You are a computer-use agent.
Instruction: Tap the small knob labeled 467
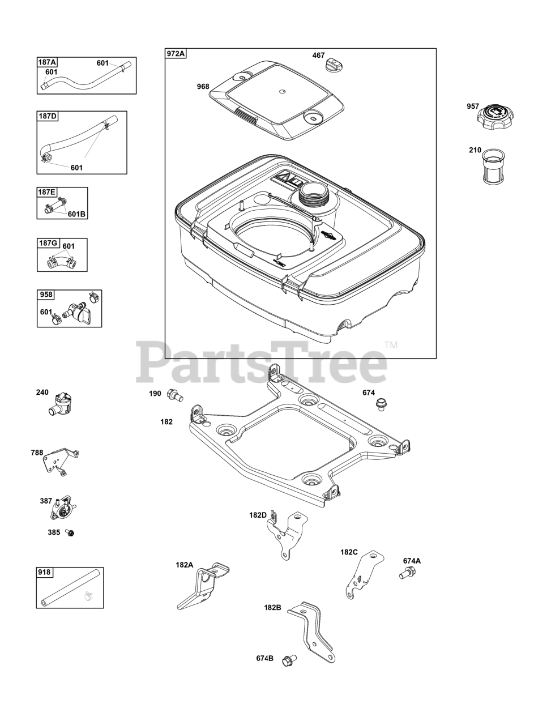click(x=334, y=65)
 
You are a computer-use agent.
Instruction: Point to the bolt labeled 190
click(x=174, y=395)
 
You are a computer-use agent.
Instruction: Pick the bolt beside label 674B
click(x=289, y=659)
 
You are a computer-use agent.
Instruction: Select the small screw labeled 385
click(x=70, y=533)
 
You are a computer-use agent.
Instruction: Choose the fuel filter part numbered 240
click(x=61, y=404)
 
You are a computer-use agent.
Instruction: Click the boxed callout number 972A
click(x=176, y=54)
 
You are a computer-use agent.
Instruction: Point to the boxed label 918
click(x=45, y=573)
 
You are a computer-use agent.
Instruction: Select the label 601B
click(x=76, y=214)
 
